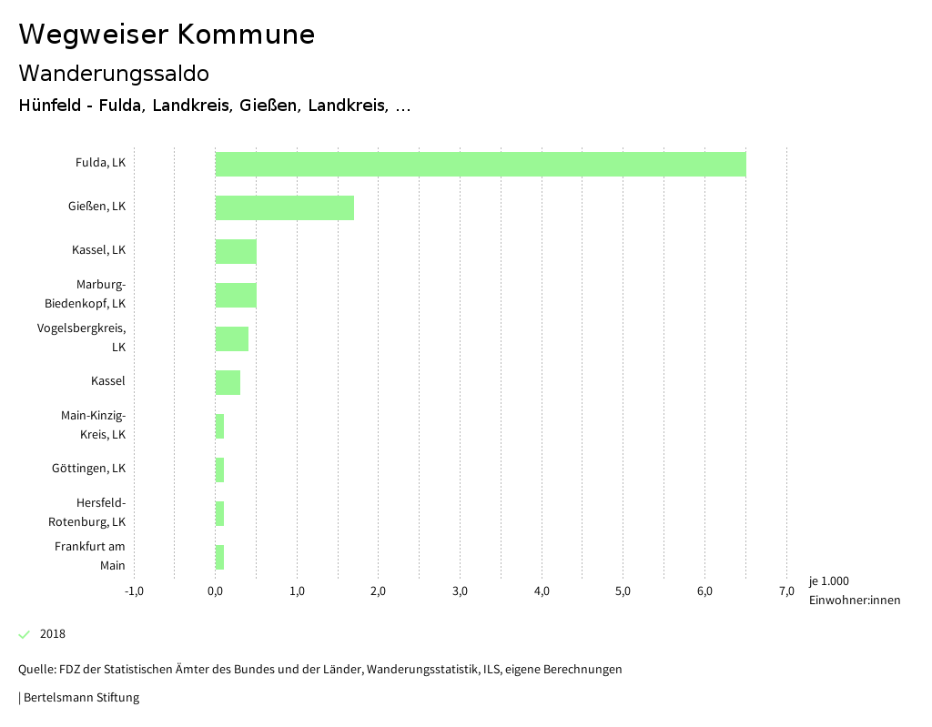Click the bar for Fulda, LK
(x=481, y=164)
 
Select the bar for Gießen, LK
(x=285, y=207)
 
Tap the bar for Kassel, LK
(x=236, y=251)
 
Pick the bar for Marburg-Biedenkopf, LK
(x=236, y=295)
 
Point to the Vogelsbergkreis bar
(x=232, y=338)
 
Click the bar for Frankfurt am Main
(x=219, y=557)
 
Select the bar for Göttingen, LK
(x=219, y=470)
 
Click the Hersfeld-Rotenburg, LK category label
(x=87, y=512)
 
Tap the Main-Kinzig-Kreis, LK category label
(x=93, y=425)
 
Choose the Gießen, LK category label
(x=96, y=207)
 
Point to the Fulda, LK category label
(x=100, y=163)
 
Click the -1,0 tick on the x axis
(x=134, y=591)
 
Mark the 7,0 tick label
(x=786, y=591)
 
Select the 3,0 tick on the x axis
(x=460, y=591)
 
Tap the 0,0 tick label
(x=216, y=591)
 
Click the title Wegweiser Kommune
(x=167, y=34)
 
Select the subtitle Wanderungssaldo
(x=114, y=73)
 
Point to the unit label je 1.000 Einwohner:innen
(x=854, y=591)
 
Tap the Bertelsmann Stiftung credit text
(x=80, y=698)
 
